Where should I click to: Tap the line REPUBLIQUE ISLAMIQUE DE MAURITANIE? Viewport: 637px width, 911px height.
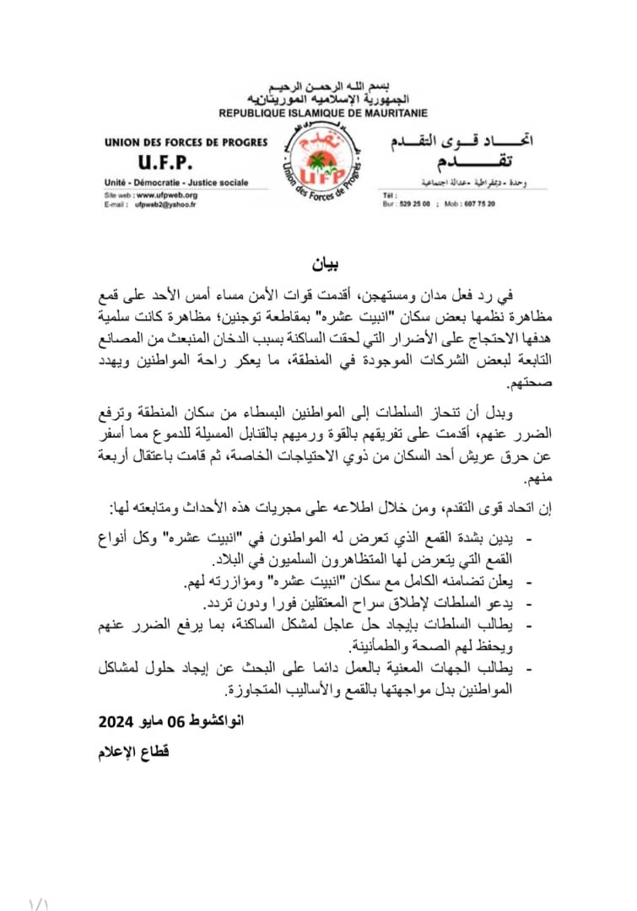[323, 113]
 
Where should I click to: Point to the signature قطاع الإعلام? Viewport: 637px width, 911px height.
[133, 750]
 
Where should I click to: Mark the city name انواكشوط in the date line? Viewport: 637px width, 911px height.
[210, 721]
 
